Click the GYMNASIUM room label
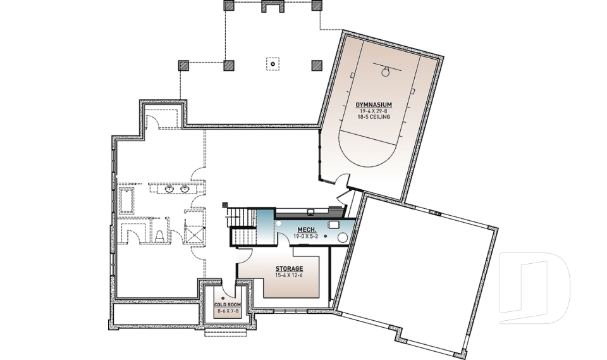(x=374, y=104)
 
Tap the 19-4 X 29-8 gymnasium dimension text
(x=374, y=111)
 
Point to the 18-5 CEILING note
(x=374, y=117)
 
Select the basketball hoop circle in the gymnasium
(x=384, y=72)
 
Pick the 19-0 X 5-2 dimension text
(x=306, y=236)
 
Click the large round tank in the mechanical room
(x=344, y=237)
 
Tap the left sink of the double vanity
(x=169, y=189)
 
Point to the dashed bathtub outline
(x=126, y=201)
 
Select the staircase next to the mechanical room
(x=242, y=228)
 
